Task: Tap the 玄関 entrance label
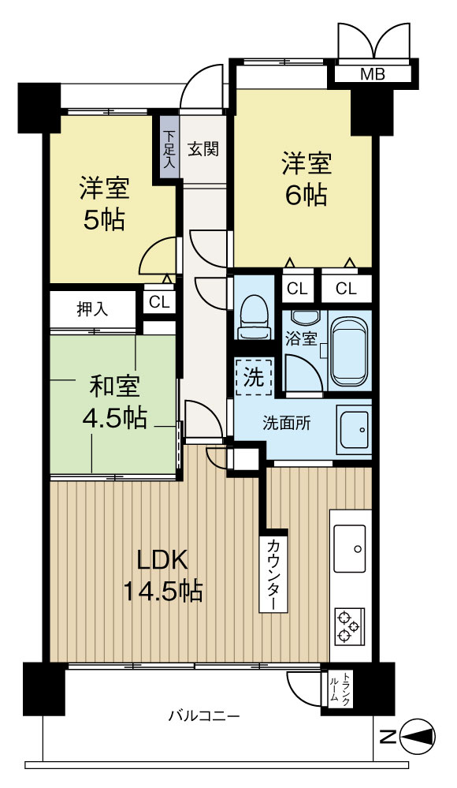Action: [203, 148]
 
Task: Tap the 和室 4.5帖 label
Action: [114, 401]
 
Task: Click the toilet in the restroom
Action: [254, 315]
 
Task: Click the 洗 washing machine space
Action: [254, 376]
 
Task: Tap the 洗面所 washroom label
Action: [286, 422]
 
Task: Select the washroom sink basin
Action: [353, 431]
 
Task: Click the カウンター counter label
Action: [272, 573]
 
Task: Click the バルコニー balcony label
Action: [203, 715]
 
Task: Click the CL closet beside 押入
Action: [158, 301]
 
